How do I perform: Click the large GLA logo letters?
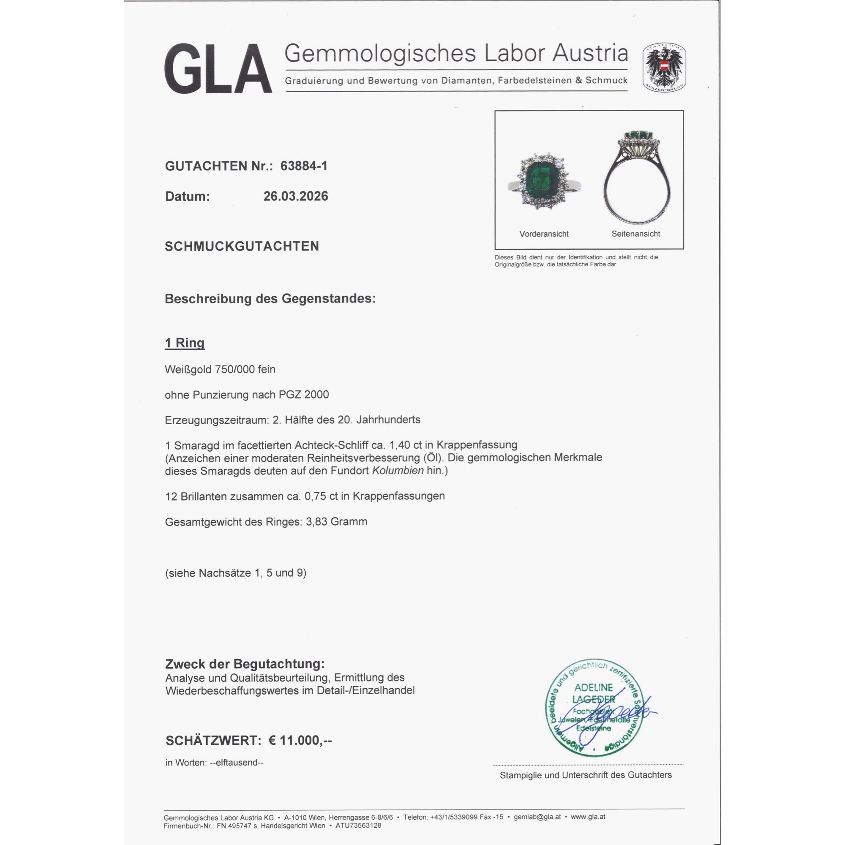tap(218, 69)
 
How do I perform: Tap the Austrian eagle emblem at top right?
tap(664, 67)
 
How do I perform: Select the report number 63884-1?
tap(304, 166)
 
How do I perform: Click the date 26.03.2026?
tap(296, 196)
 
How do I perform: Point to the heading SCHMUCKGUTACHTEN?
tap(242, 246)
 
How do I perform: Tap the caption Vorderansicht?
tap(544, 234)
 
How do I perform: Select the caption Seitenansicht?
tap(635, 234)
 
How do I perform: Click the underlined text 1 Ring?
tap(185, 343)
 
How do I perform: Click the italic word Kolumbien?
tap(398, 471)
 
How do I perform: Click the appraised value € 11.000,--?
tap(300, 741)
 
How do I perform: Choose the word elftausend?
tap(237, 763)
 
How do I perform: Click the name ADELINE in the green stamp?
tap(594, 687)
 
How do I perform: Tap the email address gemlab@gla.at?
tap(537, 817)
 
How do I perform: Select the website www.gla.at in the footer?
tap(588, 817)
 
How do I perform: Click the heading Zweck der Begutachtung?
tap(245, 664)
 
